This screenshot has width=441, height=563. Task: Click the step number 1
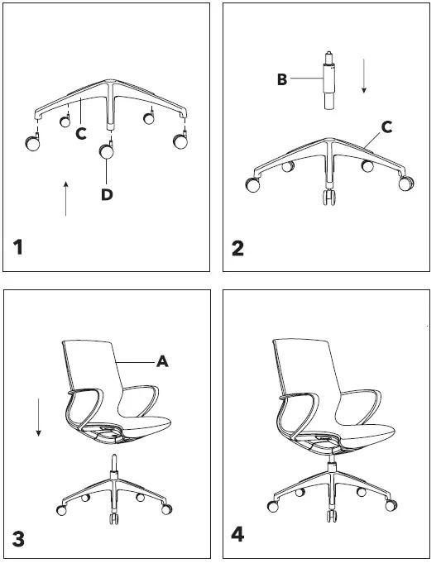(21, 247)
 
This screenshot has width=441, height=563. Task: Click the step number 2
(237, 247)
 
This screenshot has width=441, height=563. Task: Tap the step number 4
(237, 535)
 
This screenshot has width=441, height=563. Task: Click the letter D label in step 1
(107, 194)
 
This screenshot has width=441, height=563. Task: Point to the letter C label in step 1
(81, 133)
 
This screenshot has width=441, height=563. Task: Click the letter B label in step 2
(282, 79)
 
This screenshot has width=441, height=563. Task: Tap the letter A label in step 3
(163, 360)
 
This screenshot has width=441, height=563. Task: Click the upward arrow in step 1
(65, 198)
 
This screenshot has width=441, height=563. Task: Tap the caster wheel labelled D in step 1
(107, 151)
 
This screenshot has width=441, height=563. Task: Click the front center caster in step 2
(329, 198)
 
